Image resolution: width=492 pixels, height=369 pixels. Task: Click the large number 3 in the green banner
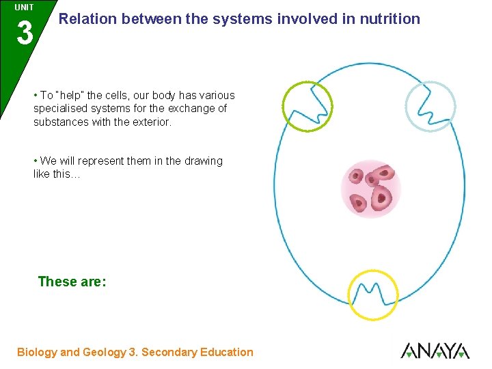[x=24, y=33]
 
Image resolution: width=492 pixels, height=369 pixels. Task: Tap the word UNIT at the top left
[x=24, y=7]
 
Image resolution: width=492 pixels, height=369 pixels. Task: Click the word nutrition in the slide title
[x=391, y=19]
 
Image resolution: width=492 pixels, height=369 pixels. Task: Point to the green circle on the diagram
[x=307, y=106]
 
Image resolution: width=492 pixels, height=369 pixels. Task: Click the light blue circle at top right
[x=430, y=106]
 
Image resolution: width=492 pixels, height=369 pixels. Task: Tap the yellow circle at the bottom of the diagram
[x=372, y=295]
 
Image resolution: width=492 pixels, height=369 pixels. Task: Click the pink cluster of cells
[x=370, y=189]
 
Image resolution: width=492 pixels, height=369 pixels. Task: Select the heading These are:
[x=72, y=282]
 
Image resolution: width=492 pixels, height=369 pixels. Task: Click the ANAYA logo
[x=435, y=351]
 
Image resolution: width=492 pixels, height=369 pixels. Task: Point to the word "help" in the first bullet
[x=71, y=96]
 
